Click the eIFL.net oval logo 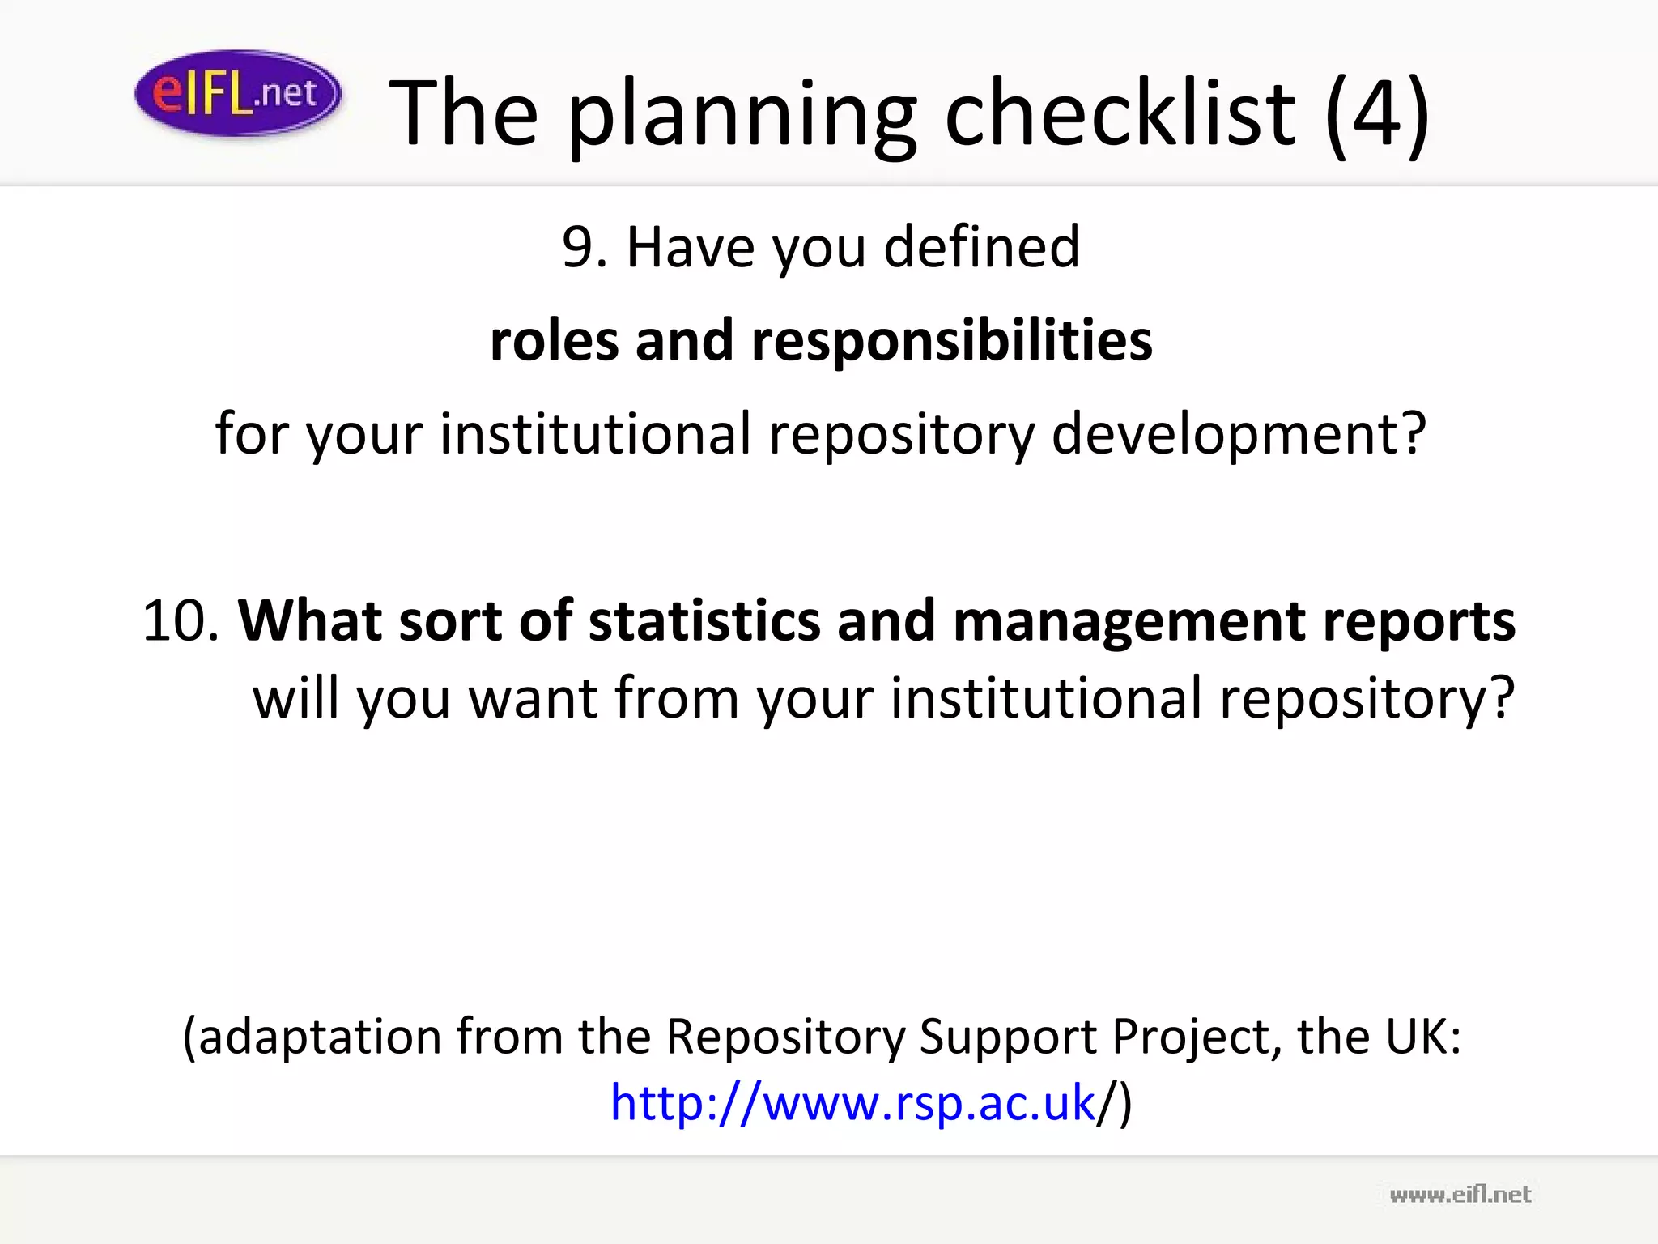[x=237, y=93]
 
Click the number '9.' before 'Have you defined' [x=585, y=247]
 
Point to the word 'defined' [x=981, y=246]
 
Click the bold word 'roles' [x=554, y=340]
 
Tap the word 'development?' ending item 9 [x=1239, y=434]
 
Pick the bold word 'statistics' [x=704, y=621]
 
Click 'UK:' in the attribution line [x=1423, y=1036]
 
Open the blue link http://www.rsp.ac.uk [x=852, y=1103]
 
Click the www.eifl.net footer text [x=1460, y=1195]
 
